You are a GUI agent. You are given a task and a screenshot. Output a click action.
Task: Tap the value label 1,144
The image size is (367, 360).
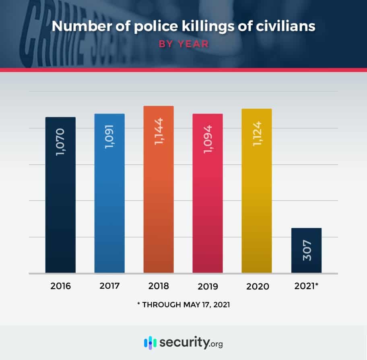point(159,131)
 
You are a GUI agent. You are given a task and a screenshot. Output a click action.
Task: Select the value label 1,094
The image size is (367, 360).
point(208,139)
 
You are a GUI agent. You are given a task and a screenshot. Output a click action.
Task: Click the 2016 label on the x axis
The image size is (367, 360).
point(60,287)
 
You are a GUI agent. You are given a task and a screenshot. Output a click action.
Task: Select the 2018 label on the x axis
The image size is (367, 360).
point(159,287)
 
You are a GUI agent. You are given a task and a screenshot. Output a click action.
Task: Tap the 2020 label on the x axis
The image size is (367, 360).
point(257,287)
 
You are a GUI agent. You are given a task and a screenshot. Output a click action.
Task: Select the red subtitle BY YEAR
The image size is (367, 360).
point(183,43)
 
